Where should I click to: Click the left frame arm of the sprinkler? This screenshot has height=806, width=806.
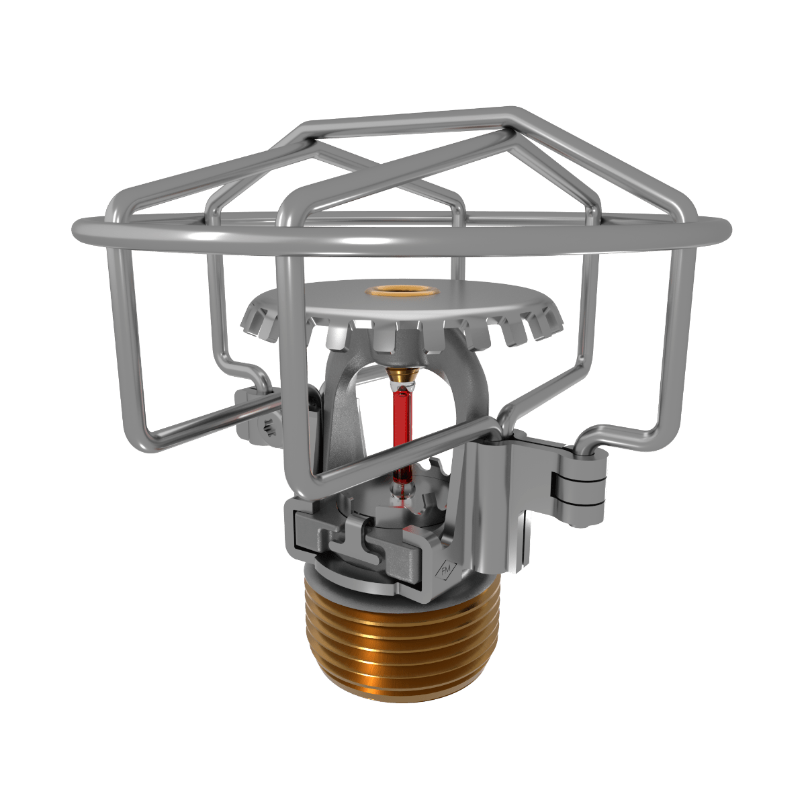339,416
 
